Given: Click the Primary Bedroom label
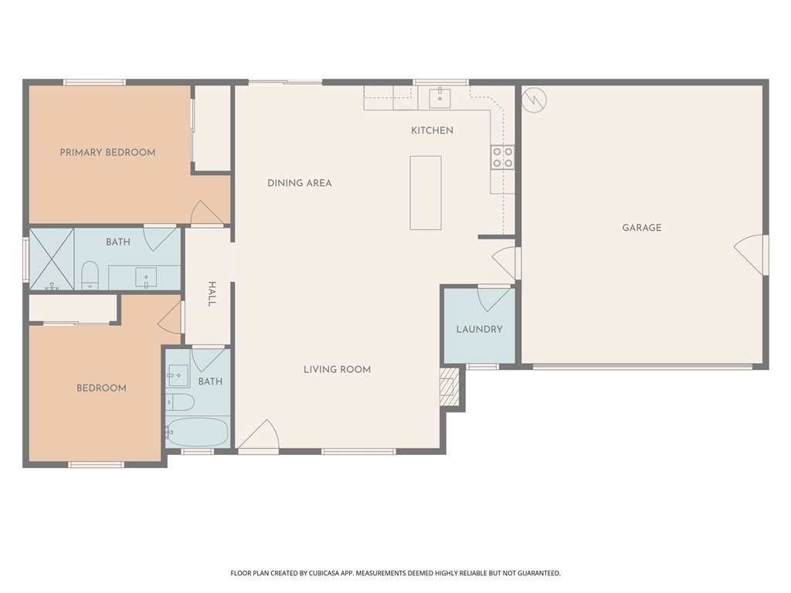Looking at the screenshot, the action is coord(107,152).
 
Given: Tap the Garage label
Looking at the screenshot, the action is coord(642,228).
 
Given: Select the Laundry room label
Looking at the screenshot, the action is coord(479,329).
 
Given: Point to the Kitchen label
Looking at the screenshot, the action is coord(432,130).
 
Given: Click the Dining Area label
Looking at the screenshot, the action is coord(300,183).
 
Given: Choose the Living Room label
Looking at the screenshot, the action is coord(337,370).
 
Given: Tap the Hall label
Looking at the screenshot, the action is coord(212,294).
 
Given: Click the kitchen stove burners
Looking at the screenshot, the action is coord(502,157).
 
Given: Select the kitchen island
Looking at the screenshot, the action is coord(426,193).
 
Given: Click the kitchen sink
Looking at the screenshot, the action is coord(440,98).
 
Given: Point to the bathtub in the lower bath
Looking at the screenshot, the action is coord(198,432).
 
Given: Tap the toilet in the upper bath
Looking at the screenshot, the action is coord(90,276).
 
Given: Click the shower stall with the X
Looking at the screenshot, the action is coord(52,259).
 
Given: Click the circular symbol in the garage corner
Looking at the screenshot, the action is coord(534,100).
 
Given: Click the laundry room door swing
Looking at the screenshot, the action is coord(494,299).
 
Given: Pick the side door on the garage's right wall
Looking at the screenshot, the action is coord(750,255).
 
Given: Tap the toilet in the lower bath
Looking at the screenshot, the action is coord(180,402).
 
